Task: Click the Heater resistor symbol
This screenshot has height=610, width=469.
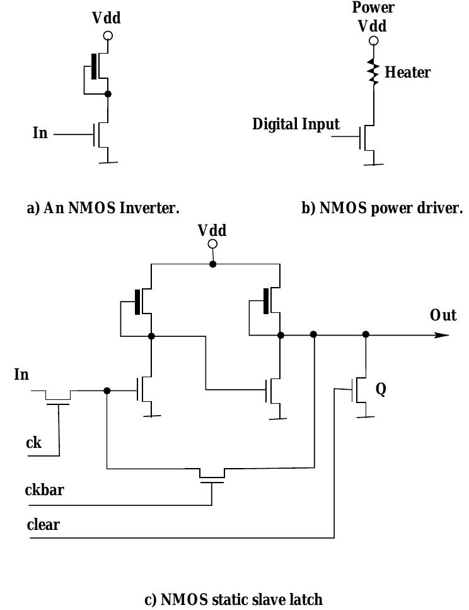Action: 374,73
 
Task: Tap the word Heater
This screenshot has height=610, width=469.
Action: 408,73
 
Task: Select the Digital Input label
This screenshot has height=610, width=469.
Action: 296,124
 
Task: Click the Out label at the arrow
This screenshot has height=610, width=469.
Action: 443,315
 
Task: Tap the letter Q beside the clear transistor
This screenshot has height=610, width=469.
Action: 380,389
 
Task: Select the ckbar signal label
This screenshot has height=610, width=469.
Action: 44,490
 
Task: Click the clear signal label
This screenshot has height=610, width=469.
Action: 43,524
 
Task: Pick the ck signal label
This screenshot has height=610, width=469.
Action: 33,442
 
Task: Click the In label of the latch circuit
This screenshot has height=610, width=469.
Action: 21,375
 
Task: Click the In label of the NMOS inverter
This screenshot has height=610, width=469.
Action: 40,133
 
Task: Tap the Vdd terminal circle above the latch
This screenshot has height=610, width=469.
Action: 212,244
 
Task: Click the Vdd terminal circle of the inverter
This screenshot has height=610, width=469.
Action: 108,36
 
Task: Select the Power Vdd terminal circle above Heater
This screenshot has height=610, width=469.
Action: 374,41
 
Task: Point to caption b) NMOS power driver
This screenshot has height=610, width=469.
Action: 382,208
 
